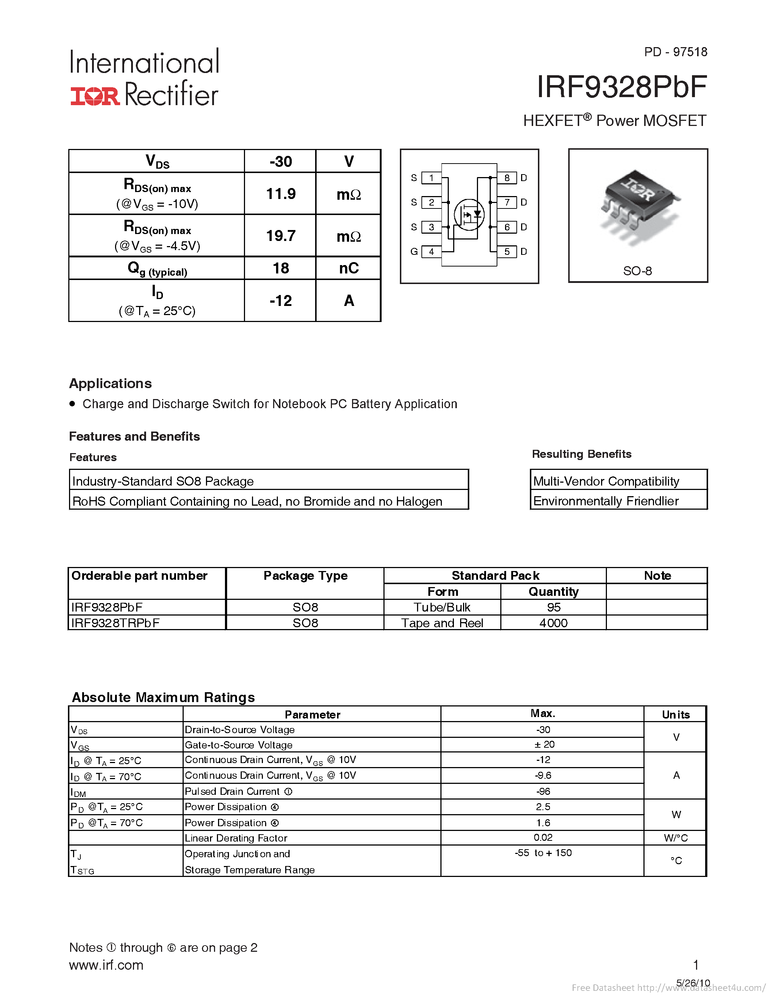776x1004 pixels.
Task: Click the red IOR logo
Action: tap(95, 96)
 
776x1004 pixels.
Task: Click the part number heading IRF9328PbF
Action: tap(622, 87)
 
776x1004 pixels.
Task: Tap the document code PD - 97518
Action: tap(675, 52)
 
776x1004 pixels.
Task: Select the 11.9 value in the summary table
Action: tap(280, 194)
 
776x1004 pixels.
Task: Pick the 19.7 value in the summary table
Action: tap(280, 236)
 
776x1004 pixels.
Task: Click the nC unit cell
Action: tap(348, 268)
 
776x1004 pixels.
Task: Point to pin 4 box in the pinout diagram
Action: tap(431, 252)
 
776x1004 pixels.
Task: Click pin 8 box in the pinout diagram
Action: tap(506, 178)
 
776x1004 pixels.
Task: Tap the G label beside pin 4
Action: tap(414, 252)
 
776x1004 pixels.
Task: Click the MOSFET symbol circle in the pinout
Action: tap(469, 215)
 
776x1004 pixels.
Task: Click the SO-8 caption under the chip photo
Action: tap(637, 271)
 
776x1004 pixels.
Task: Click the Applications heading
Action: tap(110, 383)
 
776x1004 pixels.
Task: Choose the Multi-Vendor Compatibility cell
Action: tap(606, 481)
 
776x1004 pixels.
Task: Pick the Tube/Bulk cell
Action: tap(442, 607)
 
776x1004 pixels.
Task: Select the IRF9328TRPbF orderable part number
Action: tap(115, 623)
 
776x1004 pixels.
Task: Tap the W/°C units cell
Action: tap(675, 838)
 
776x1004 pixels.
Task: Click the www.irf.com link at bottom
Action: tap(106, 965)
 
